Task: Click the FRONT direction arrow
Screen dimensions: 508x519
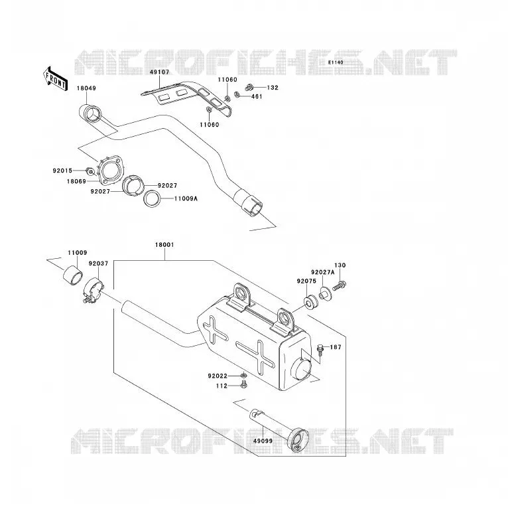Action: pyautogui.click(x=56, y=79)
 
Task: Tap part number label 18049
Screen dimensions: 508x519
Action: pyautogui.click(x=86, y=88)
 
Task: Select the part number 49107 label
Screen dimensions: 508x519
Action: pyautogui.click(x=159, y=72)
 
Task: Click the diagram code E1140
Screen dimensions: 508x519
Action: pyautogui.click(x=336, y=62)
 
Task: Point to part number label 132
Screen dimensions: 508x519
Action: pyautogui.click(x=273, y=88)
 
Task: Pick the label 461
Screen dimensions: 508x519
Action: pyautogui.click(x=257, y=97)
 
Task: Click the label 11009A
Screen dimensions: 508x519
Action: pyautogui.click(x=186, y=198)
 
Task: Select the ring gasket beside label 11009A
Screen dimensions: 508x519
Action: pyautogui.click(x=153, y=198)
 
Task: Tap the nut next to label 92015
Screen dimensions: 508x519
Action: pyautogui.click(x=90, y=171)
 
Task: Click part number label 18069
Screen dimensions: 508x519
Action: pyautogui.click(x=76, y=181)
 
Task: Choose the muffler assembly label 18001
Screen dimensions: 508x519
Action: pyautogui.click(x=164, y=245)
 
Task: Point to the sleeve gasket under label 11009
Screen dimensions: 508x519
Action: pyautogui.click(x=73, y=275)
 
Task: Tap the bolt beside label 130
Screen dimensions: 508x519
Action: pyautogui.click(x=340, y=285)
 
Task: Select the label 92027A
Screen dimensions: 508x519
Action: pyautogui.click(x=323, y=272)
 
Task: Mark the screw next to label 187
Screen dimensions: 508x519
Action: pyautogui.click(x=320, y=350)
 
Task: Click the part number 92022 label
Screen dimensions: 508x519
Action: pyautogui.click(x=218, y=376)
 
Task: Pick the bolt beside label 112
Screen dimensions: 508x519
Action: pyautogui.click(x=244, y=385)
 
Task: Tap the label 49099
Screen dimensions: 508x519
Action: pyautogui.click(x=263, y=441)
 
